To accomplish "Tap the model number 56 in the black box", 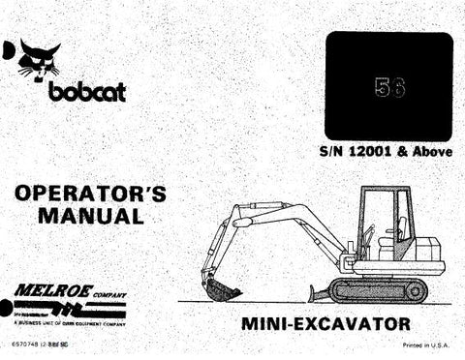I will tap(387, 87).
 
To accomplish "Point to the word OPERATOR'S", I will tap(89, 194).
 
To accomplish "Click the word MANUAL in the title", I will tap(89, 216).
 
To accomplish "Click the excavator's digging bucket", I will tap(221, 286).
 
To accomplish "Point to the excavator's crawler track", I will tap(378, 289).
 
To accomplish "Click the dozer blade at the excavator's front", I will tap(314, 287).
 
